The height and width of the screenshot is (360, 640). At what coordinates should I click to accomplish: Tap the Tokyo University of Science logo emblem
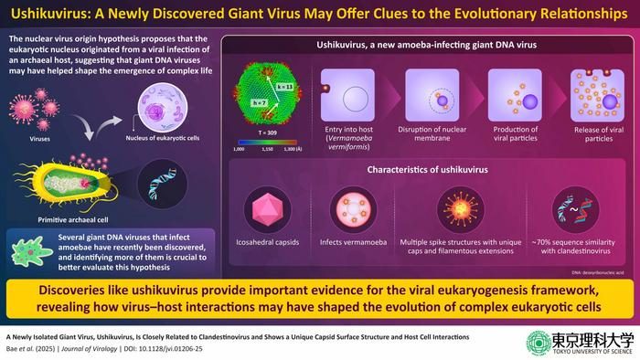click(x=513, y=342)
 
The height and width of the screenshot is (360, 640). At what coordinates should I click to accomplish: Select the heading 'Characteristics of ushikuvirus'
click(x=417, y=168)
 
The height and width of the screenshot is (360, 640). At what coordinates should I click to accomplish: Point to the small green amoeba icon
click(x=24, y=244)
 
